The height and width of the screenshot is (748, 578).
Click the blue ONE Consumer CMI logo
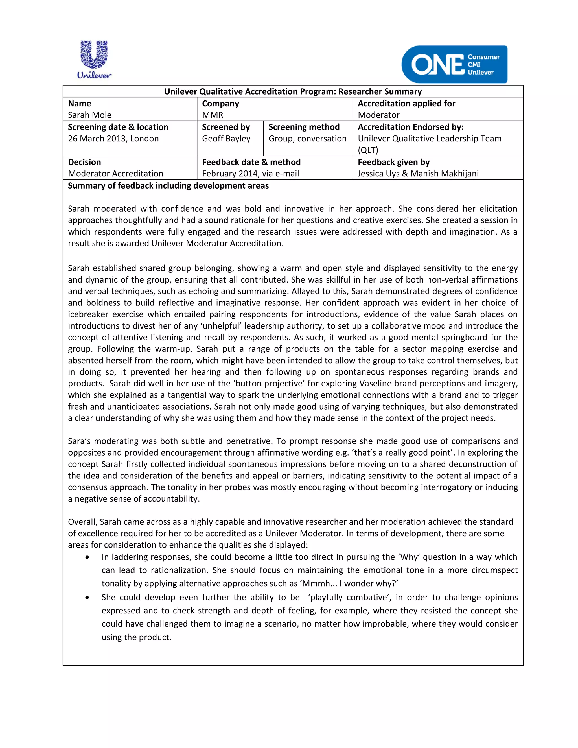454,64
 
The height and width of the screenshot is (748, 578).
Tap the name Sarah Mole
90,115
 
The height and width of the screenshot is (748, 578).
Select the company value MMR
212,115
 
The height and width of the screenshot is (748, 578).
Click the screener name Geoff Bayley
226,139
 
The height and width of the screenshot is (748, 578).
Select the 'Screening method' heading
304,127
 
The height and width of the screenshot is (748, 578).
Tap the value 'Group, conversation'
307,139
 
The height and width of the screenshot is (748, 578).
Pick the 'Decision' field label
84,162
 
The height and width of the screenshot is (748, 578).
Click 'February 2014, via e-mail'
250,174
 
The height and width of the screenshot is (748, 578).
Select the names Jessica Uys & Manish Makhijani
418,174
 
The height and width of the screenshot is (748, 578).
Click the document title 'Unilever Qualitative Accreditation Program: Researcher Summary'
293,91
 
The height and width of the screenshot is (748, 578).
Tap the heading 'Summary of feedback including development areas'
168,186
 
